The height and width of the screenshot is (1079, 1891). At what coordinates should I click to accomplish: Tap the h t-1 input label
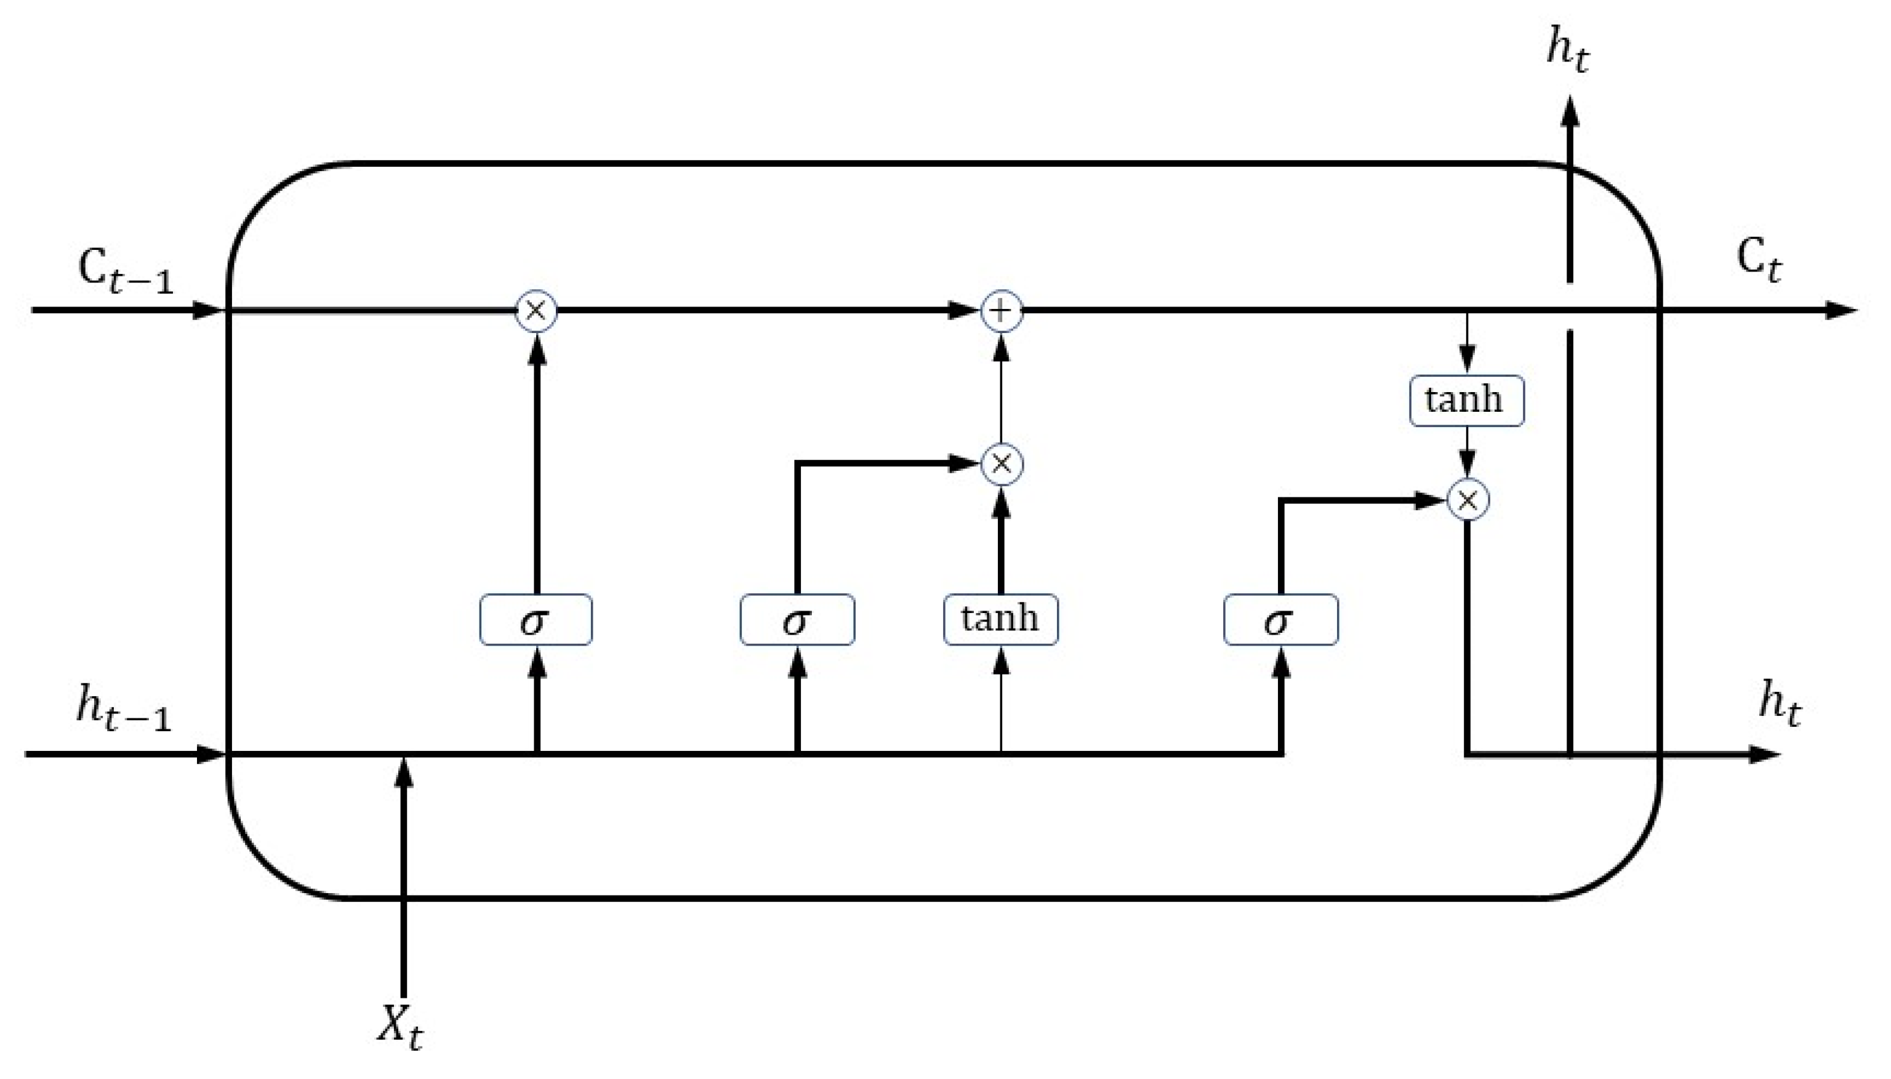point(123,708)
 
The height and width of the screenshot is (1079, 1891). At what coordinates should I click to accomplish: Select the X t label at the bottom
point(400,1027)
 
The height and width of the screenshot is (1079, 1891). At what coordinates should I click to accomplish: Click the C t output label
point(1759,261)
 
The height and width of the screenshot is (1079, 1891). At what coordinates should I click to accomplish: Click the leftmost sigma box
point(536,620)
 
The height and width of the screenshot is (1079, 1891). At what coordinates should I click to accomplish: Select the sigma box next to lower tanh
point(797,620)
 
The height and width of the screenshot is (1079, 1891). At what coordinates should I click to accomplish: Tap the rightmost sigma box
point(1280,620)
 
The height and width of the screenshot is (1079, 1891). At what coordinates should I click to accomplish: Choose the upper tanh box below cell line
point(1466,401)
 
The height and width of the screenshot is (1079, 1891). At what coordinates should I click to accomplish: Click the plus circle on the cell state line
point(1001,310)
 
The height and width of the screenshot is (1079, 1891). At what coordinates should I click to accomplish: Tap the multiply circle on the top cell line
point(536,310)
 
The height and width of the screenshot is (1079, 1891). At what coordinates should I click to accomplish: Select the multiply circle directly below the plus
point(1001,465)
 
